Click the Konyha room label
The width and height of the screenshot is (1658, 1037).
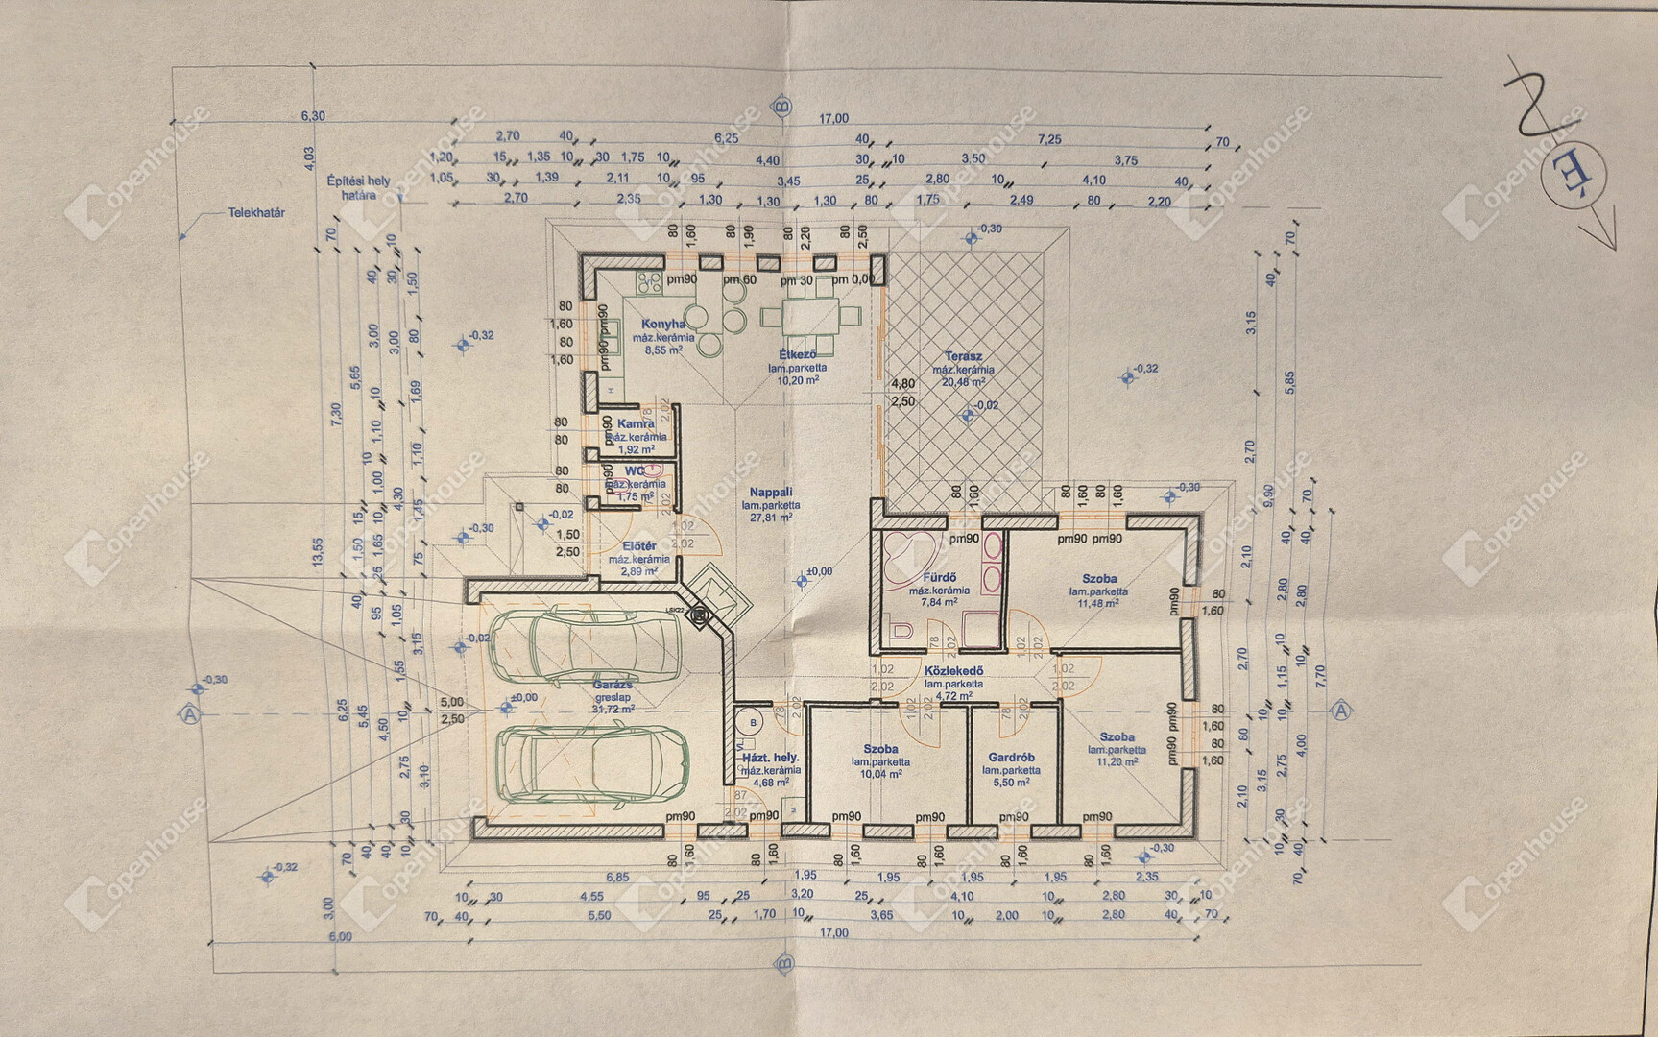pos(663,325)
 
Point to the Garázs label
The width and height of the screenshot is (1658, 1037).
pos(613,686)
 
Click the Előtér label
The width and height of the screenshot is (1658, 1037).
pos(638,546)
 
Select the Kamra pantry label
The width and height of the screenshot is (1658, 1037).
pos(636,423)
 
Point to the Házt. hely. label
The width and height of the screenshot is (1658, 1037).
pos(771,758)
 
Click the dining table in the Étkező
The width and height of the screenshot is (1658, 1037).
pos(812,314)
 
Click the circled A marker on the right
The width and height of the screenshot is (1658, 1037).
pos(1341,711)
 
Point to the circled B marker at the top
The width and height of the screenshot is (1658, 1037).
pos(783,106)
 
